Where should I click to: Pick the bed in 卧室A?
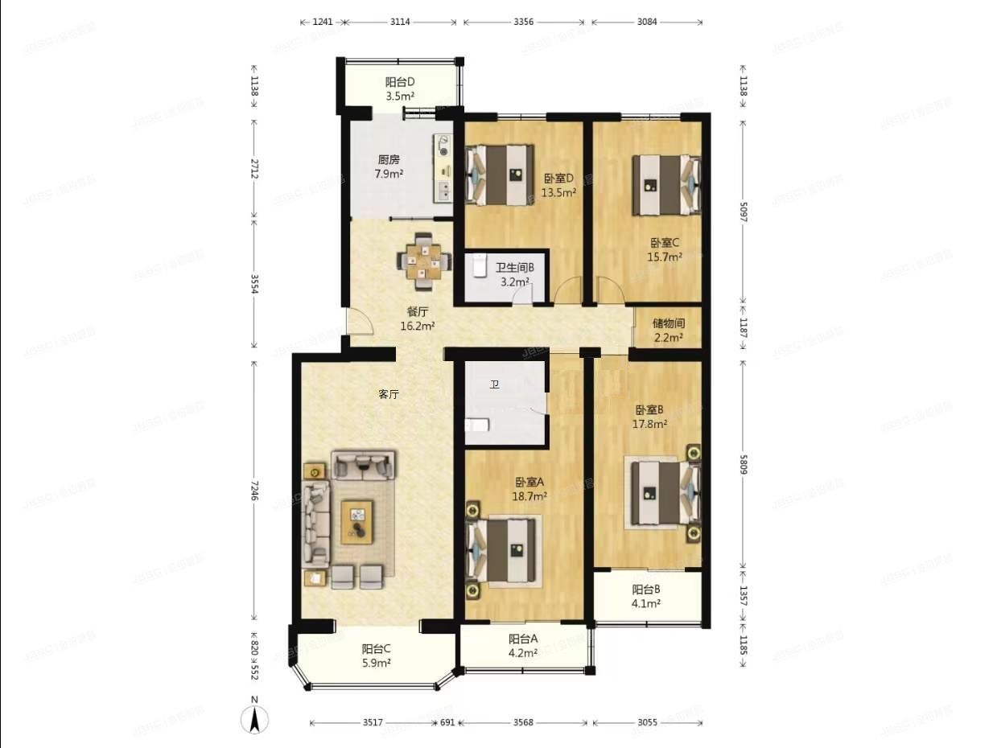point(504,549)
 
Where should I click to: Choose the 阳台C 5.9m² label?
point(376,656)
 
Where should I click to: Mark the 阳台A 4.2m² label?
point(522,646)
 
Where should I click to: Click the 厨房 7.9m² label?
point(390,166)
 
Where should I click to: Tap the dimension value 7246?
point(255,492)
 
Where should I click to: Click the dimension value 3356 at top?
point(524,22)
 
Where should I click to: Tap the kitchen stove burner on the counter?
point(444,146)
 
